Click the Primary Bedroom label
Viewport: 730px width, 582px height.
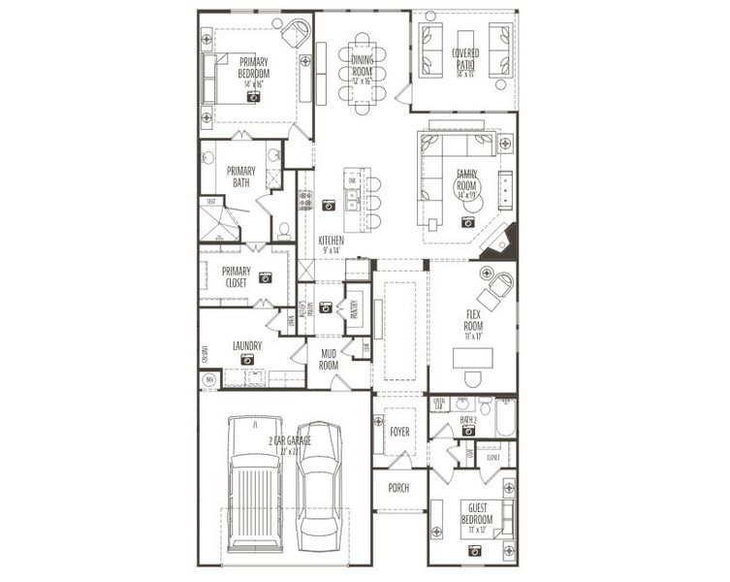tap(254, 67)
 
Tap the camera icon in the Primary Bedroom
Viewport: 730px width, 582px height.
tap(254, 97)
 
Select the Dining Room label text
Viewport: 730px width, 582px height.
tap(361, 64)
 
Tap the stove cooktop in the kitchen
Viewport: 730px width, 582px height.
tap(304, 201)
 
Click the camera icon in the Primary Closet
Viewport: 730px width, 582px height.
tap(265, 276)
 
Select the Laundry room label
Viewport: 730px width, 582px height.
tap(248, 344)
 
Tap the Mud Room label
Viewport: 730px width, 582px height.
tap(329, 360)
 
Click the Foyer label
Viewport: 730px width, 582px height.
tap(398, 426)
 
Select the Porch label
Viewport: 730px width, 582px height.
tap(398, 487)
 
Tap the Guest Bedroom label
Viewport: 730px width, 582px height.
tap(475, 513)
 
